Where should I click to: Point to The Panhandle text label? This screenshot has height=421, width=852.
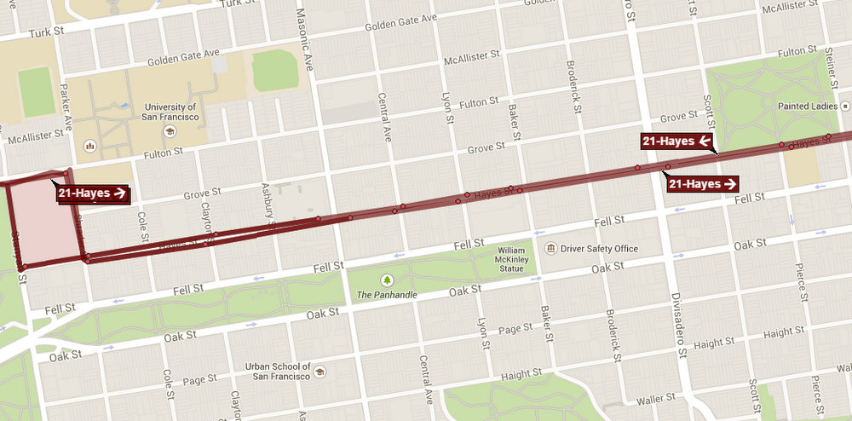point(388,296)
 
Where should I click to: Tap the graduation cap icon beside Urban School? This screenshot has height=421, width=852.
point(319,372)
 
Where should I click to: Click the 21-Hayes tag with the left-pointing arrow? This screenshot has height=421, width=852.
point(676,141)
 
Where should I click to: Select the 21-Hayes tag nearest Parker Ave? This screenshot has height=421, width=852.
point(93,193)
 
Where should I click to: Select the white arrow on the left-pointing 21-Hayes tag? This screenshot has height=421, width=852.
point(704,141)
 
